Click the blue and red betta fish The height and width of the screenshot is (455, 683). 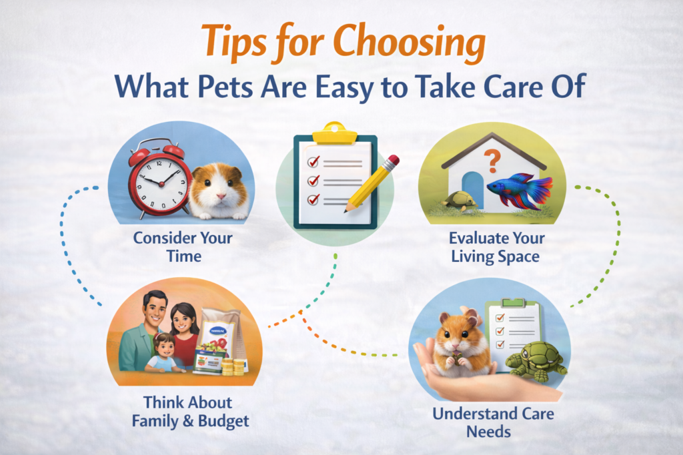(518, 191)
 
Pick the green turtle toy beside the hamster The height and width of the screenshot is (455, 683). (534, 360)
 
